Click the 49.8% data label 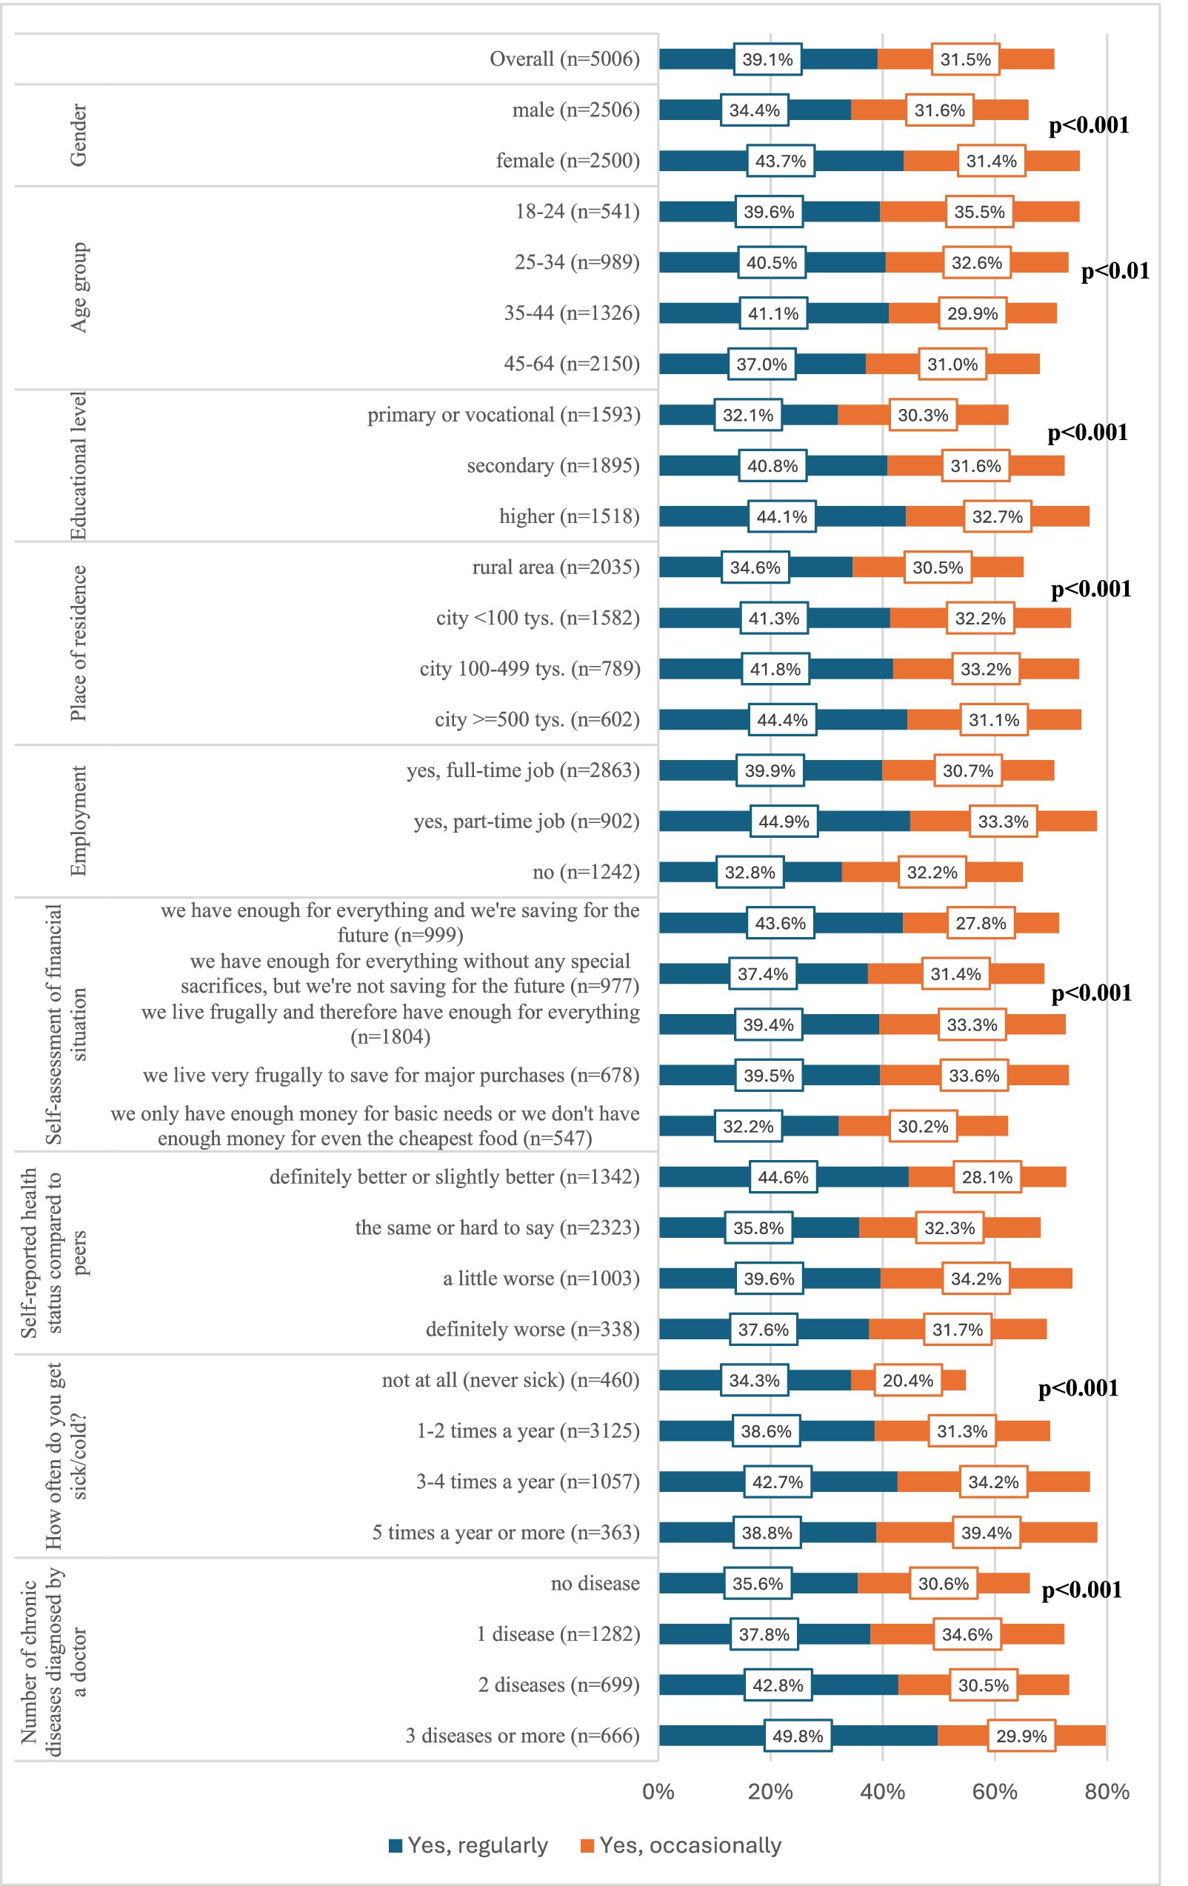pyautogui.click(x=797, y=1736)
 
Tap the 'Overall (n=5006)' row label pyautogui.click(x=564, y=59)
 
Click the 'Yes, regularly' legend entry pyautogui.click(x=468, y=1845)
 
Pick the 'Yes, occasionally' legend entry pyautogui.click(x=681, y=1845)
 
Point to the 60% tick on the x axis pyautogui.click(x=995, y=1792)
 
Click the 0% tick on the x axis pyautogui.click(x=658, y=1792)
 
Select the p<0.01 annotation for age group pyautogui.click(x=1115, y=271)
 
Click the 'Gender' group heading pyautogui.click(x=79, y=135)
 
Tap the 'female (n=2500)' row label pyautogui.click(x=567, y=161)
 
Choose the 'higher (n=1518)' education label pyautogui.click(x=569, y=516)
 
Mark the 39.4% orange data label pyautogui.click(x=986, y=1533)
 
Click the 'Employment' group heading pyautogui.click(x=79, y=821)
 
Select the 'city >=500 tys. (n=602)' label pyautogui.click(x=536, y=719)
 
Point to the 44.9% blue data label pyautogui.click(x=783, y=822)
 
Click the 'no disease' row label pyautogui.click(x=595, y=1583)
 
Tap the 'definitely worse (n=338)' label pyautogui.click(x=532, y=1329)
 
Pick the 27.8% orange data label pyautogui.click(x=981, y=924)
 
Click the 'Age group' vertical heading pyautogui.click(x=79, y=287)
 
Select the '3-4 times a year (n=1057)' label pyautogui.click(x=527, y=1482)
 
